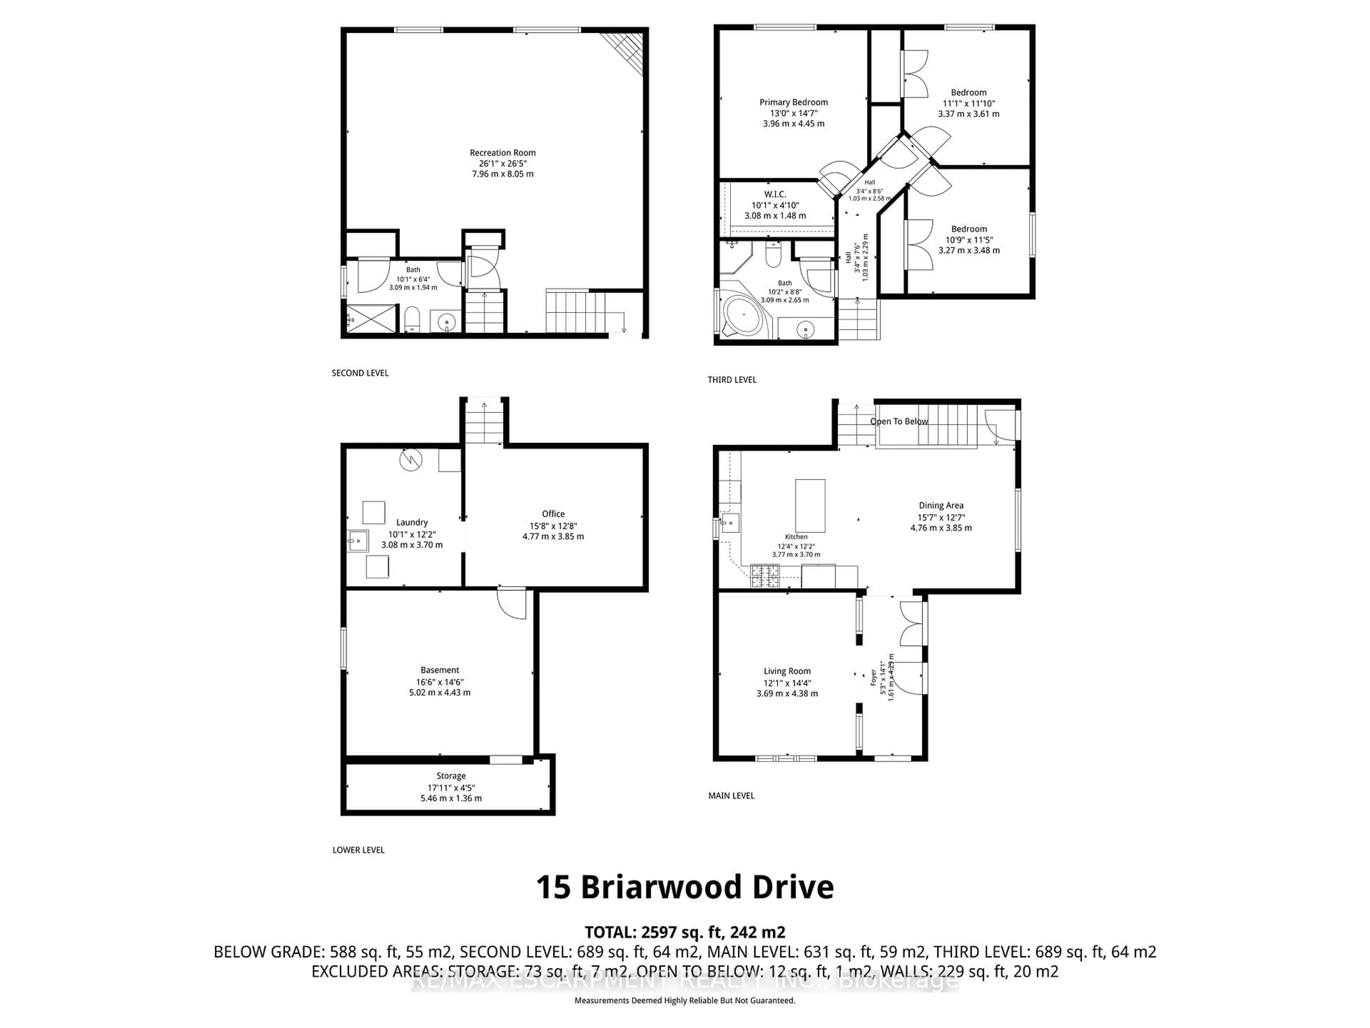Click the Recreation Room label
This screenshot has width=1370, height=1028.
(x=502, y=152)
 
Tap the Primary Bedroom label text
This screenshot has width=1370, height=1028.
(x=793, y=102)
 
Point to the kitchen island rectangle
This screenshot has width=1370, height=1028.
(x=810, y=505)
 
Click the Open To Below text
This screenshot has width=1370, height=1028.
(x=899, y=421)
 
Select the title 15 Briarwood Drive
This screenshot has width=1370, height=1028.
(x=684, y=887)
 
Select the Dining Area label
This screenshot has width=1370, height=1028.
(x=941, y=506)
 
